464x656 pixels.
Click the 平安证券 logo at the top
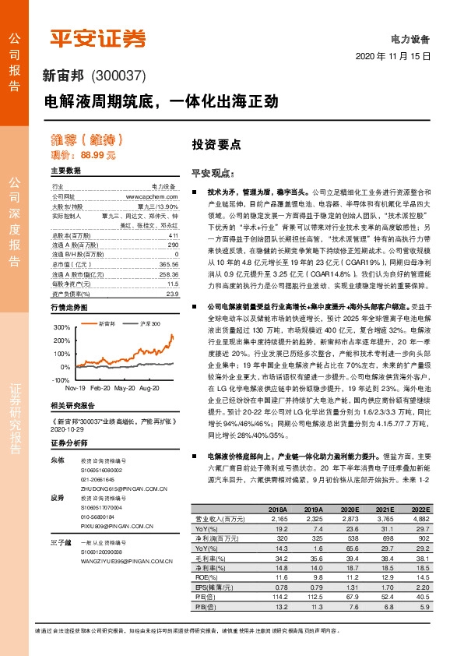coord(97,39)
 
